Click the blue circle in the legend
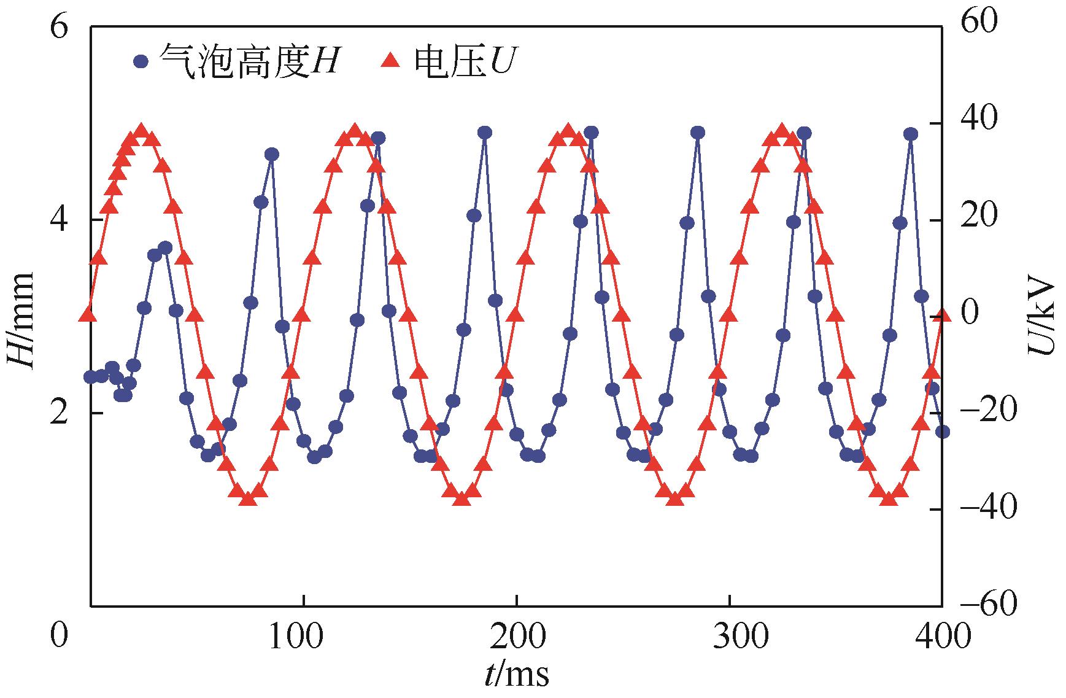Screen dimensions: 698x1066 [141, 61]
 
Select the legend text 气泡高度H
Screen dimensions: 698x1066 [249, 61]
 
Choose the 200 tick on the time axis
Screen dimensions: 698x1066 [516, 637]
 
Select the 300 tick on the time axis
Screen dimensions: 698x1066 [730, 637]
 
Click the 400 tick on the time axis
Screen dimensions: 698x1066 [942, 637]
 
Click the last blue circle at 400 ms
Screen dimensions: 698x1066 [943, 432]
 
